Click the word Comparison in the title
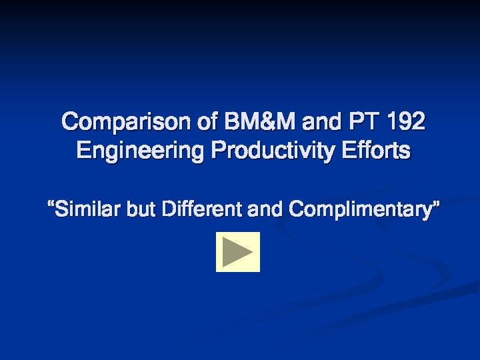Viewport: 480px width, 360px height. pyautogui.click(x=127, y=123)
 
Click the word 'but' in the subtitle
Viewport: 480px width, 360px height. pyautogui.click(x=142, y=210)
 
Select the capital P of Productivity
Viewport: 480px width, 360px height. pyautogui.click(x=217, y=151)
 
